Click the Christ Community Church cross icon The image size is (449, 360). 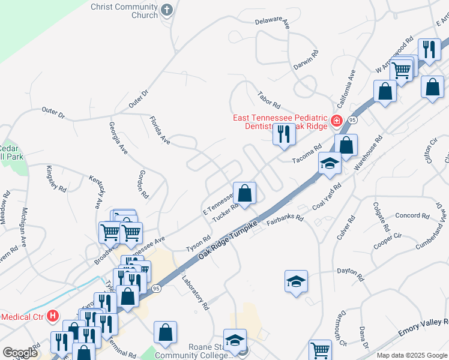point(167,10)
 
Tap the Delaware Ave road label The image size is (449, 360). point(273,22)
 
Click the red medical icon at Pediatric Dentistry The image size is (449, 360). point(337,121)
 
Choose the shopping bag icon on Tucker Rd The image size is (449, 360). point(244,193)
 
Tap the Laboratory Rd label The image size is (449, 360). point(195,292)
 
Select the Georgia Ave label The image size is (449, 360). point(118,138)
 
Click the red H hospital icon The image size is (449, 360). point(53,315)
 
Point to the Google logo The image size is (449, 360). point(20,352)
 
